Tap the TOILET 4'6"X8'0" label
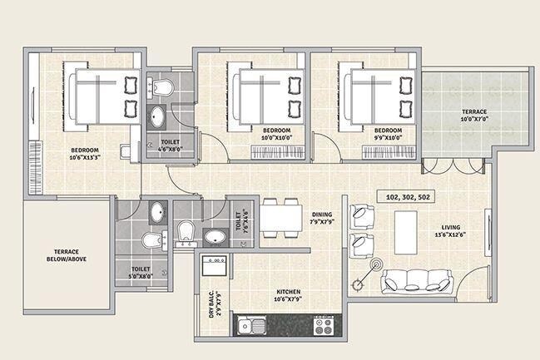[170, 146]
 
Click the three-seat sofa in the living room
[416, 283]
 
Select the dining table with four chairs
[281, 218]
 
